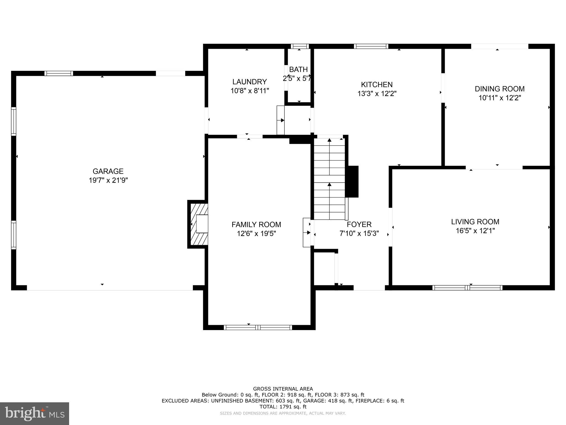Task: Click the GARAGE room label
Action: pyautogui.click(x=108, y=171)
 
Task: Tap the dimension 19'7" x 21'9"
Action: pyautogui.click(x=108, y=180)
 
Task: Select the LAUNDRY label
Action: pyautogui.click(x=249, y=82)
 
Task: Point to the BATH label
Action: pyautogui.click(x=298, y=69)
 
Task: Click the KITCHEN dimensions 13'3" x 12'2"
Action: pyautogui.click(x=377, y=94)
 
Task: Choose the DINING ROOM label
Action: pyautogui.click(x=499, y=89)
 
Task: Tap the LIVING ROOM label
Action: pyautogui.click(x=475, y=222)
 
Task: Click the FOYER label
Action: pyautogui.click(x=359, y=224)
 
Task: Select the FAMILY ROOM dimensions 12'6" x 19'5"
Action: pyautogui.click(x=256, y=234)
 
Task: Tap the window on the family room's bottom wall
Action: pyautogui.click(x=258, y=328)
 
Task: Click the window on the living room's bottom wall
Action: pyautogui.click(x=467, y=288)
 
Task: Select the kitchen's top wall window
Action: pyautogui.click(x=371, y=46)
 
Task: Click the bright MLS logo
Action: pyautogui.click(x=34, y=413)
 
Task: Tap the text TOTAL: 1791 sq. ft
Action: pyautogui.click(x=283, y=407)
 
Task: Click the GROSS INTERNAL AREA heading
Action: pyautogui.click(x=283, y=389)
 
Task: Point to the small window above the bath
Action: pyautogui.click(x=300, y=46)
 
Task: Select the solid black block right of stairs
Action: pyautogui.click(x=353, y=182)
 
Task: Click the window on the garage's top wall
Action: pyautogui.click(x=59, y=73)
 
